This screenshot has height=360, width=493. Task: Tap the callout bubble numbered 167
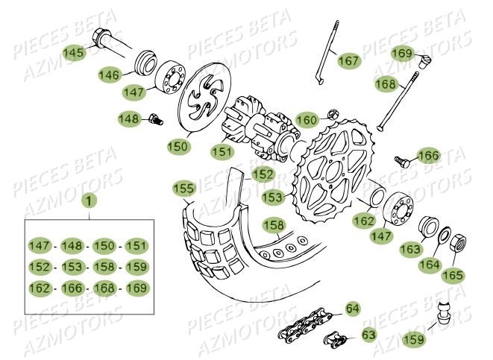point(348,61)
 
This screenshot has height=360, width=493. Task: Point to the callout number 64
point(353,307)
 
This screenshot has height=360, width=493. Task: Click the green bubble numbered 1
point(89,200)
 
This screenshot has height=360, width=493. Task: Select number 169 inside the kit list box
point(136,288)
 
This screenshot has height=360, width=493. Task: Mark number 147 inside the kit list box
point(40,245)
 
